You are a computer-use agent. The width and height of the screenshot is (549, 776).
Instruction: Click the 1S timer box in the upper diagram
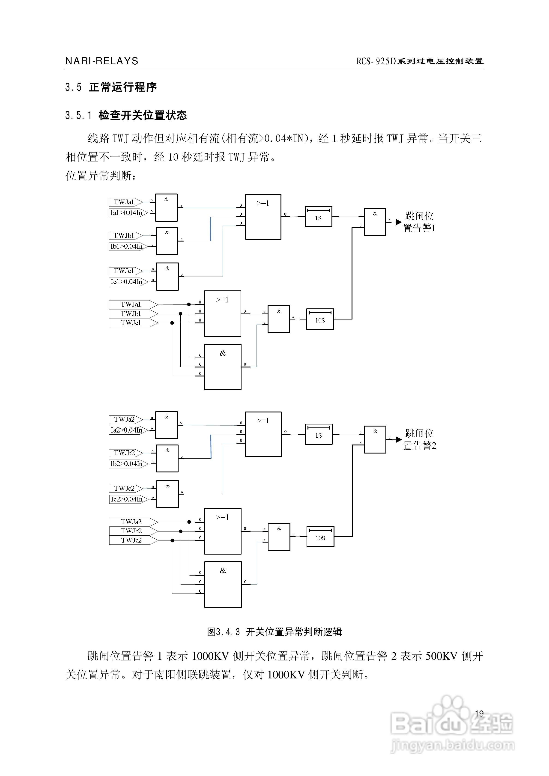(x=319, y=217)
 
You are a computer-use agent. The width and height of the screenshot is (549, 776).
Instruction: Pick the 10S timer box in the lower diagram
(x=320, y=537)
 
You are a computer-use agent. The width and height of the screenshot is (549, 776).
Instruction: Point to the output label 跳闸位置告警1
(x=419, y=222)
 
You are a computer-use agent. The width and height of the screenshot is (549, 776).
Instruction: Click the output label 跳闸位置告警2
(x=420, y=439)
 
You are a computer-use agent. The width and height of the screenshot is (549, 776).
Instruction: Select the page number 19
(x=479, y=714)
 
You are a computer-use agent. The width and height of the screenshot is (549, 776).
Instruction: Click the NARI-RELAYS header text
(x=102, y=61)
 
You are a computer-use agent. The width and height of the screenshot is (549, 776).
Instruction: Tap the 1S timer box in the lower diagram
(x=319, y=434)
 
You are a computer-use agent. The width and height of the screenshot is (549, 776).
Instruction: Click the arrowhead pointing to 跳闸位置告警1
(x=399, y=222)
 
